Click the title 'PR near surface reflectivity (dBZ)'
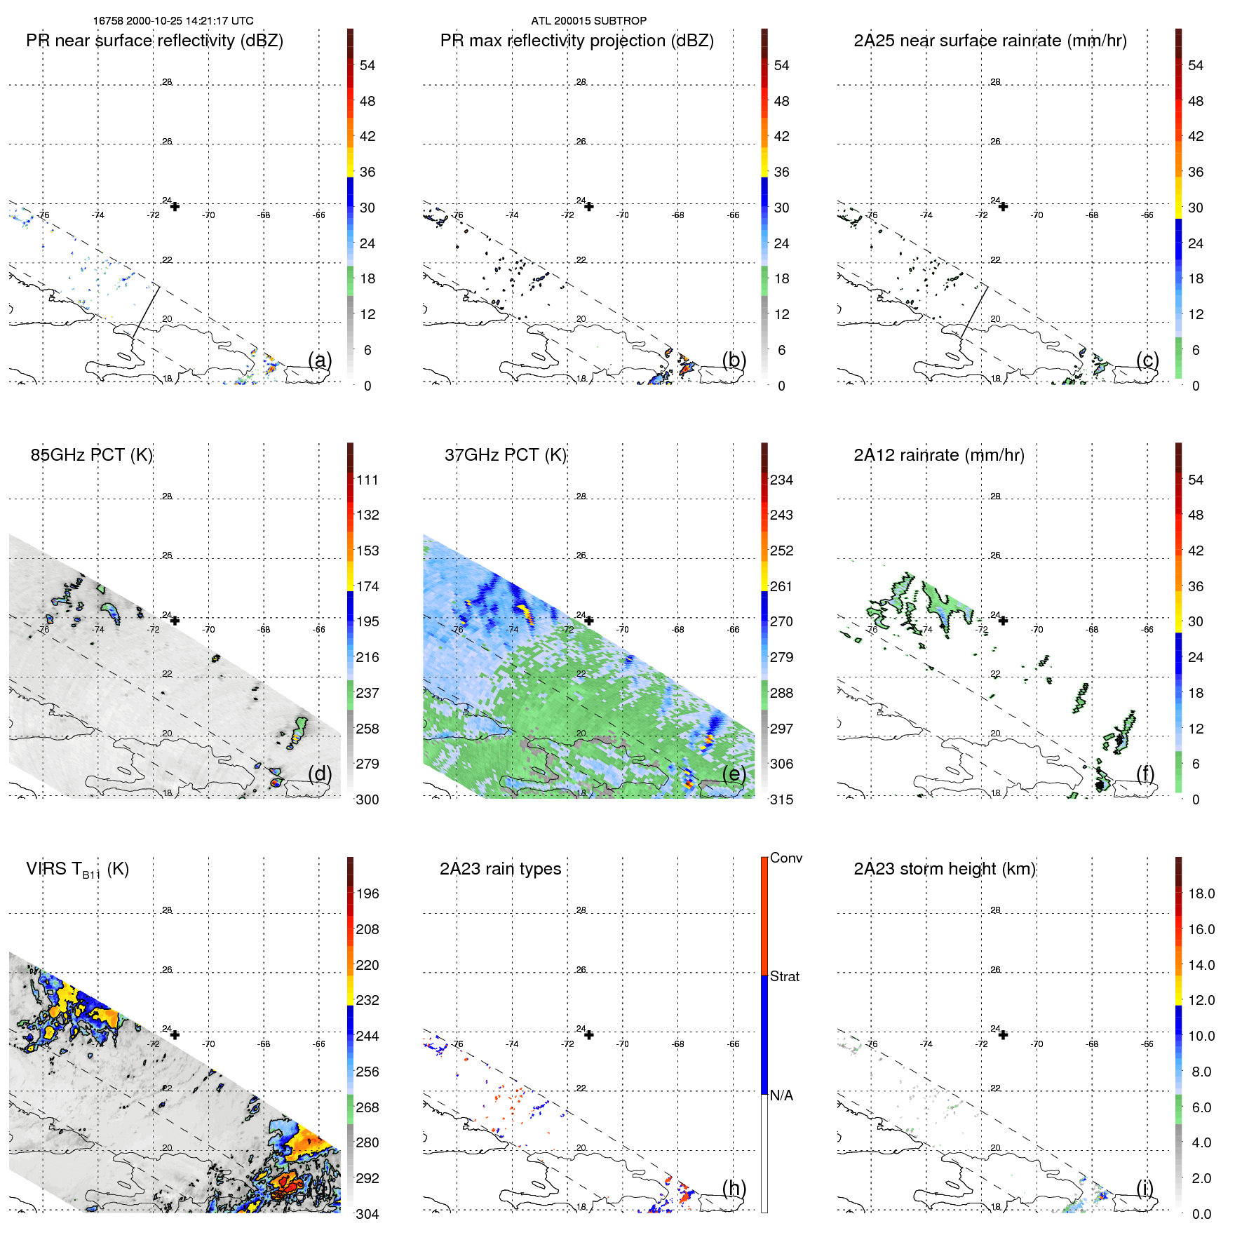154,41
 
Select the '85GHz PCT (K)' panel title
91,455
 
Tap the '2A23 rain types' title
500,869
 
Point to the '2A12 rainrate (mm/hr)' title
938,455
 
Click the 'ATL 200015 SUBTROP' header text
588,21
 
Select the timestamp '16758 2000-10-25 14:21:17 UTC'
173,21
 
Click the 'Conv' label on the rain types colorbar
785,858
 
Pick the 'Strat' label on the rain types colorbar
784,977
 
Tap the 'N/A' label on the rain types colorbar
781,1095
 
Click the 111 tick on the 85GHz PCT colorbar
367,480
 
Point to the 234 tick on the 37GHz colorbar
781,480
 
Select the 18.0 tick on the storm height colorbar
1201,894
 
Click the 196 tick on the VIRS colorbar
367,894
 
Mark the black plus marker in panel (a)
175,207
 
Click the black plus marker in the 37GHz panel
589,621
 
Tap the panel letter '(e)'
734,774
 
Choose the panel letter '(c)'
1147,360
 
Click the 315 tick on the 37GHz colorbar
781,800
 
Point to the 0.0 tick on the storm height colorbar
1201,1214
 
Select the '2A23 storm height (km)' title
944,869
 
